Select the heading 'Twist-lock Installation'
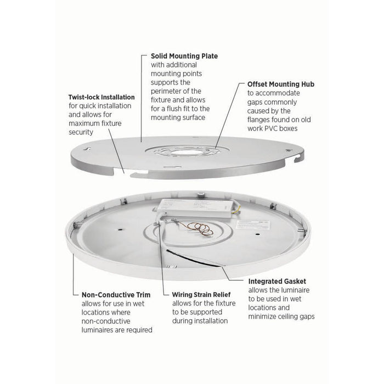pos(103,97)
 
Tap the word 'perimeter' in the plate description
pos(167,91)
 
